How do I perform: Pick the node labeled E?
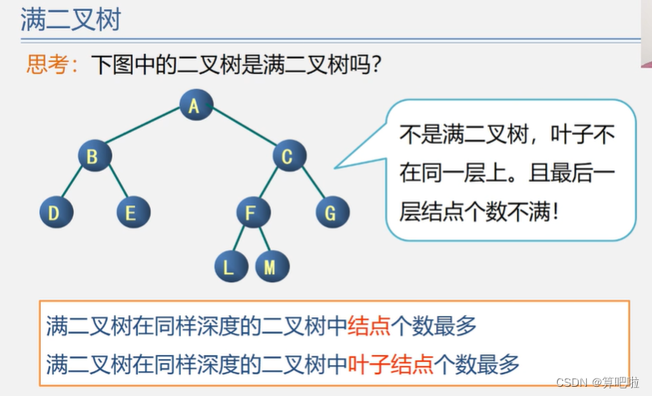[x=133, y=213]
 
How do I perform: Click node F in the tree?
[x=253, y=213]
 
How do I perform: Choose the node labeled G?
[x=331, y=213]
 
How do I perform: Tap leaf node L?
[x=229, y=267]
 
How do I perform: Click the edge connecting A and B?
[x=144, y=131]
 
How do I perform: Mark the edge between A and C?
[x=243, y=131]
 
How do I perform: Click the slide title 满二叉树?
[x=72, y=20]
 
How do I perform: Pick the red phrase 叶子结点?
[x=390, y=363]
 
